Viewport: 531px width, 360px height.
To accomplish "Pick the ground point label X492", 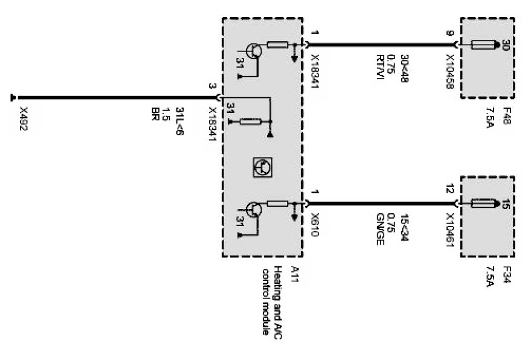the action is pyautogui.click(x=24, y=120).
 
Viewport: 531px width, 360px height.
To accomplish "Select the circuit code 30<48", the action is pyautogui.click(x=404, y=66).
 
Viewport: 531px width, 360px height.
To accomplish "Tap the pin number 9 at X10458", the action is pyautogui.click(x=450, y=33).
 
